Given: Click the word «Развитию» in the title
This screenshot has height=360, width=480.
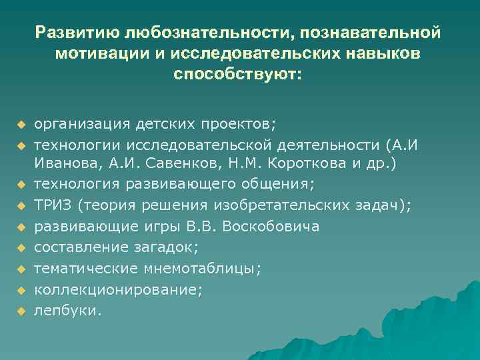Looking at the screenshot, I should coord(77,32).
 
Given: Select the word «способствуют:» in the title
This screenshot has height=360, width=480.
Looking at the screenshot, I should coord(237,74).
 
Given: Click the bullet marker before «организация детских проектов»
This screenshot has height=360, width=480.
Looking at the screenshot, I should coord(21,125).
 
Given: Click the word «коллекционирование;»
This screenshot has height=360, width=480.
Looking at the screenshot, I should coord(118,289).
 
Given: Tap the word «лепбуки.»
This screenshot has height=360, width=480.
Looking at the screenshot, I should coord(68,310).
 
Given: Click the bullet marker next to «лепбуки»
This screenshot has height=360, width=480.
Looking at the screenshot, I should coord(21,311).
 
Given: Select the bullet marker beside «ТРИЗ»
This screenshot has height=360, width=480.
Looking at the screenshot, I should coord(21,207).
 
